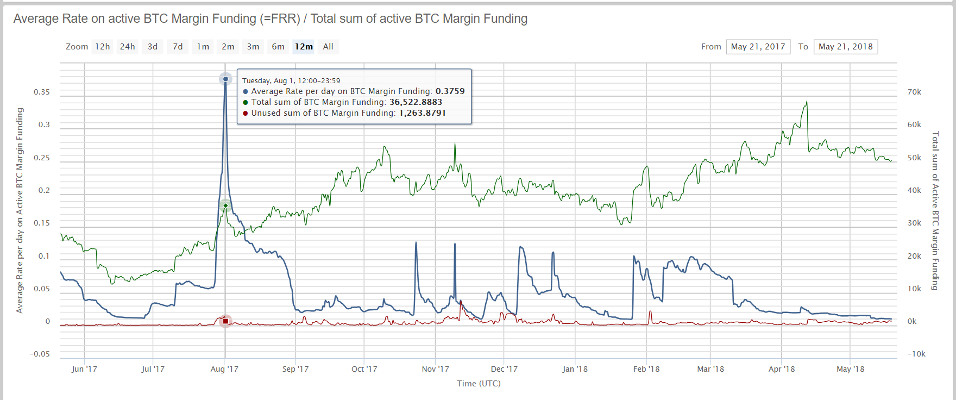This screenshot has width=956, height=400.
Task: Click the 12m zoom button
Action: coord(304,47)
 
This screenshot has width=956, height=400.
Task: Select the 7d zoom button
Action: coord(178,47)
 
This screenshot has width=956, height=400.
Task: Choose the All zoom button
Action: coord(328,47)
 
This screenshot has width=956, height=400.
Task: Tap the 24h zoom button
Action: coord(128,47)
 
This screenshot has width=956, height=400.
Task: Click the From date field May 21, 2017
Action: coord(758,47)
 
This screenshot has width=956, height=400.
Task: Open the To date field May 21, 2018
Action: coord(845,47)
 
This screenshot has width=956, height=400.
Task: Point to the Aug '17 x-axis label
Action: coord(224,369)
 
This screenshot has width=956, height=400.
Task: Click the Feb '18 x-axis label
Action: coord(646,369)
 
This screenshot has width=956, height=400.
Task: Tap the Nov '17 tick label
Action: coord(435,369)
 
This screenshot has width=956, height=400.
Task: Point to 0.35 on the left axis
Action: coord(42,92)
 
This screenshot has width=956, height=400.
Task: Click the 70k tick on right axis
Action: coord(914,92)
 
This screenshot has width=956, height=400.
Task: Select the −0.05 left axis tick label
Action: coord(40,354)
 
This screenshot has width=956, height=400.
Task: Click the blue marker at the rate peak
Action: coord(225,79)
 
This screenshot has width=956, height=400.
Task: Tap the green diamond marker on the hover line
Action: coord(225,205)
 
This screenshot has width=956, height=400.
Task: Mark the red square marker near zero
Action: coord(225,321)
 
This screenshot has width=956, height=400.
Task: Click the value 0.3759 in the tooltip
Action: coord(450,91)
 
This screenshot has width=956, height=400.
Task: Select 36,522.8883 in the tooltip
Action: coord(416,102)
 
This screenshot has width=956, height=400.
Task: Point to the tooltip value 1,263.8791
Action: coord(422,113)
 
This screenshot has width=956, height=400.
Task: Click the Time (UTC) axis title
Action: coord(479,384)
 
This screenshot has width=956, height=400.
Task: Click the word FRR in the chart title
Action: coord(282,19)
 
